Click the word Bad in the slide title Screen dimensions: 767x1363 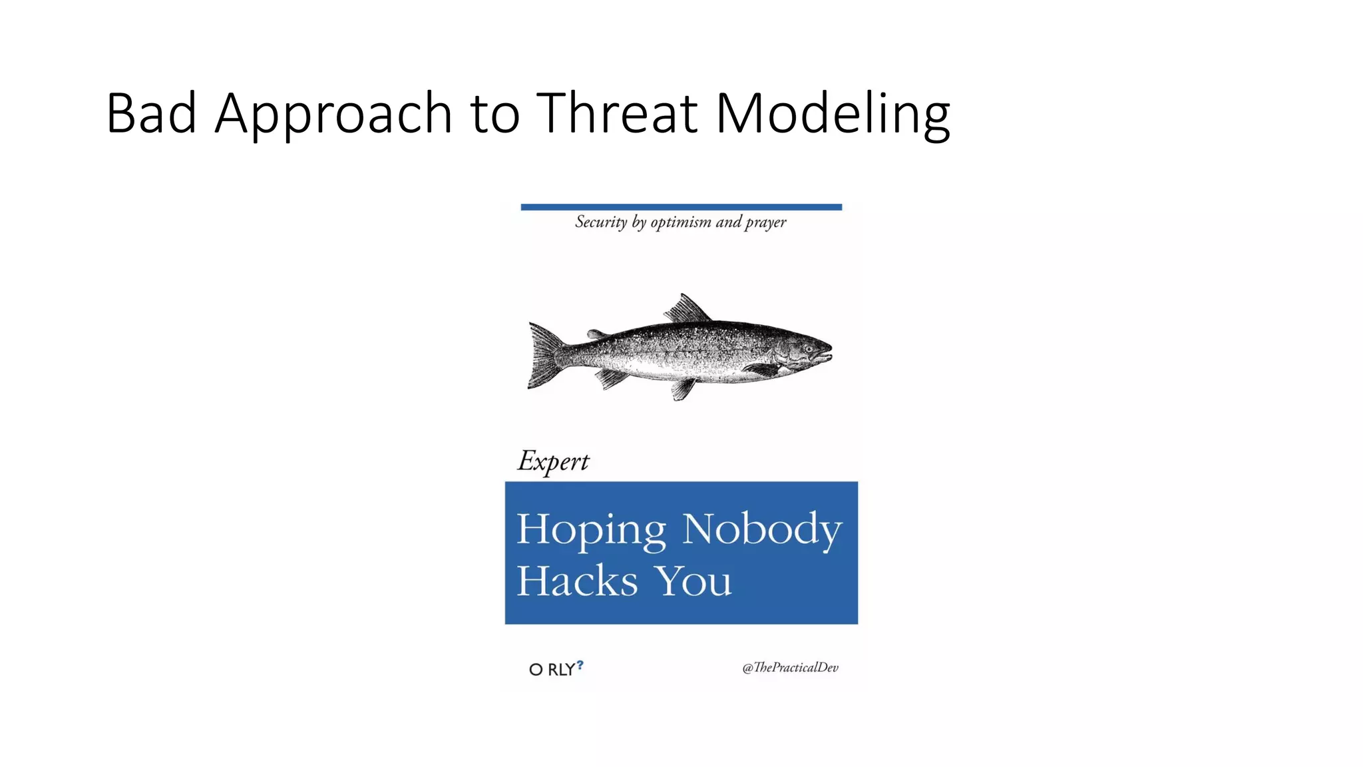pos(151,113)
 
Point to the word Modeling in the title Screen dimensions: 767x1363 pos(833,115)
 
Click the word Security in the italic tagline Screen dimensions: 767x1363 pos(601,222)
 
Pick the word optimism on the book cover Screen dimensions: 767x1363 pos(680,222)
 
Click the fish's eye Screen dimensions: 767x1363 pos(808,348)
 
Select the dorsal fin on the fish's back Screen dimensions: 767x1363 pos(687,310)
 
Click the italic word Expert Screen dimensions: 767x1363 pos(553,461)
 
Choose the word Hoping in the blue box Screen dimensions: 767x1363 pos(591,530)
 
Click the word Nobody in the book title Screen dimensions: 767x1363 pos(763,530)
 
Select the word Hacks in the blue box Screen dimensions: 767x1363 pos(577,581)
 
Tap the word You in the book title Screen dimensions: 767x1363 pos(694,581)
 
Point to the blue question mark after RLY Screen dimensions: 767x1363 pos(580,664)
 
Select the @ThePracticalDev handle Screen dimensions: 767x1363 pos(790,667)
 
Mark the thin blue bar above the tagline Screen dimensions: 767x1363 pos(681,207)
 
